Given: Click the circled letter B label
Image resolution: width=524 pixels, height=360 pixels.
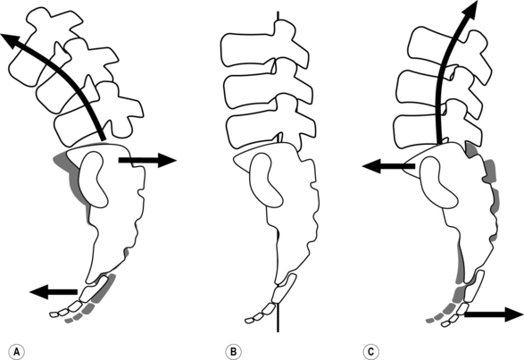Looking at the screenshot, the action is coord(233,352).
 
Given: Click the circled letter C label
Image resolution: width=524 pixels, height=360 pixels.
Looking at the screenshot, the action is coord(370,352).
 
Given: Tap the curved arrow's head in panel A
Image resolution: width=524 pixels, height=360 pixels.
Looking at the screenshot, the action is coord(9,40).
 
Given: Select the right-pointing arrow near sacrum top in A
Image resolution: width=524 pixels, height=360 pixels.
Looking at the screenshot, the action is coord(147,160).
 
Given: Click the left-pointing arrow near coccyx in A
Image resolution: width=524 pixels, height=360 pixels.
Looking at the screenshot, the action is coord(54,291).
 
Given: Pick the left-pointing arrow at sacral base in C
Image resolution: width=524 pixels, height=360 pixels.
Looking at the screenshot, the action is coord(388,165).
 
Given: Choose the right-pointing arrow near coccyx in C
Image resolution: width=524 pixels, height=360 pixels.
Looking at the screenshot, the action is coord(494,314).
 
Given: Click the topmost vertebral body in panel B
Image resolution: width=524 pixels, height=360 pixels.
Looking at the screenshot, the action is coord(247,49).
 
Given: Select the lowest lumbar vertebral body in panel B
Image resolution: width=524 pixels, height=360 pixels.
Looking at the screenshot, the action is coord(253,129).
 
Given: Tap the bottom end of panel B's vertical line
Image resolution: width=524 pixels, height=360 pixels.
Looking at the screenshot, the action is coord(278,331).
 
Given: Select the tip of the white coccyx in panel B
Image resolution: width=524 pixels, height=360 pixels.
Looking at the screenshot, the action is coord(247,321).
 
